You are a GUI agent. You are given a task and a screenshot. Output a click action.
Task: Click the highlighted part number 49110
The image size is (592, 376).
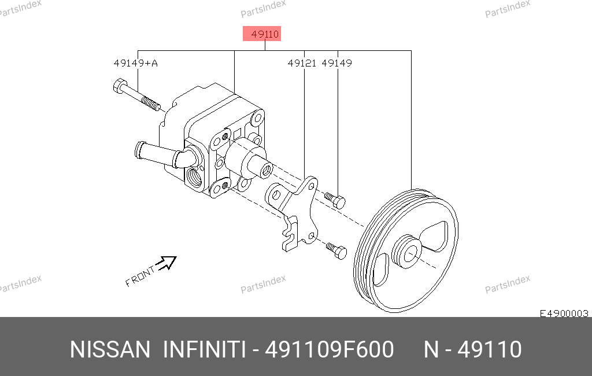coord(265,34)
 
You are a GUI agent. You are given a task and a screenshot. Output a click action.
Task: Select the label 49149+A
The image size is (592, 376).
coord(136,62)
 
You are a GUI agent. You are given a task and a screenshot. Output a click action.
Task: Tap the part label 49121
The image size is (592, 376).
coord(302,62)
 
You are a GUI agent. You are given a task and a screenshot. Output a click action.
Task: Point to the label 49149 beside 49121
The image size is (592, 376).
coord(337,62)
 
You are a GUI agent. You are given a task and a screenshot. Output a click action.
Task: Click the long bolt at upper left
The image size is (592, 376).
coord(136,95)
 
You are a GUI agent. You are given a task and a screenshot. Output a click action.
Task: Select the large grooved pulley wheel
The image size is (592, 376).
coord(406,251)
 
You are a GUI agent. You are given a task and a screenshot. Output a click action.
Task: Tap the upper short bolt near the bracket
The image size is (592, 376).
coord(335,200)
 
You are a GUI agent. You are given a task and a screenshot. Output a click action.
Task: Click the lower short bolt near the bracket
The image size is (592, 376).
coord(336,250)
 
